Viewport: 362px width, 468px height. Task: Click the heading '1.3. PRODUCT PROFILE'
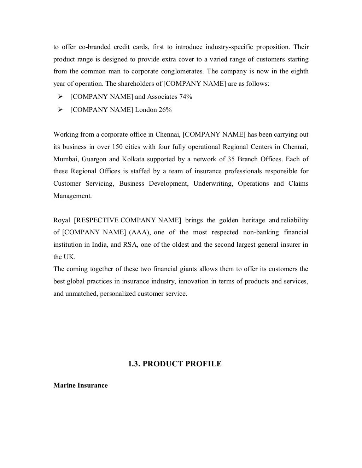(175, 364)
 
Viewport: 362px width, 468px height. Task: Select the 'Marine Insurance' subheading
(80, 385)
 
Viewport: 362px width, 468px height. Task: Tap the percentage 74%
(186, 97)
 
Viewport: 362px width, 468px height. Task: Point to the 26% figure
(165, 110)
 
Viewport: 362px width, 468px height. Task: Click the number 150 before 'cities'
(118, 147)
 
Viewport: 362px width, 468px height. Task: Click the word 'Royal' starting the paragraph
(62, 220)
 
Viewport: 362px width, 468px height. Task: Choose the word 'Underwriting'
(213, 184)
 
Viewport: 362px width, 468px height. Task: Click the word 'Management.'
(72, 196)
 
